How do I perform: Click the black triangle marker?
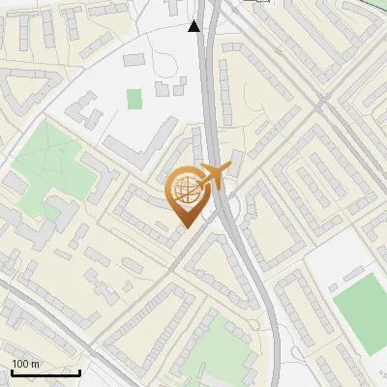click(194, 26)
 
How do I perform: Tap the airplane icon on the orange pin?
click(214, 175)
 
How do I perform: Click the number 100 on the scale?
click(20, 364)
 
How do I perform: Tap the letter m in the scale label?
click(35, 364)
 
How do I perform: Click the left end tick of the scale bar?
click(13, 371)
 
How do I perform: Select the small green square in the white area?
click(134, 98)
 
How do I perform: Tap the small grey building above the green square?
click(134, 60)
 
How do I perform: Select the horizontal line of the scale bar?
click(46, 372)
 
